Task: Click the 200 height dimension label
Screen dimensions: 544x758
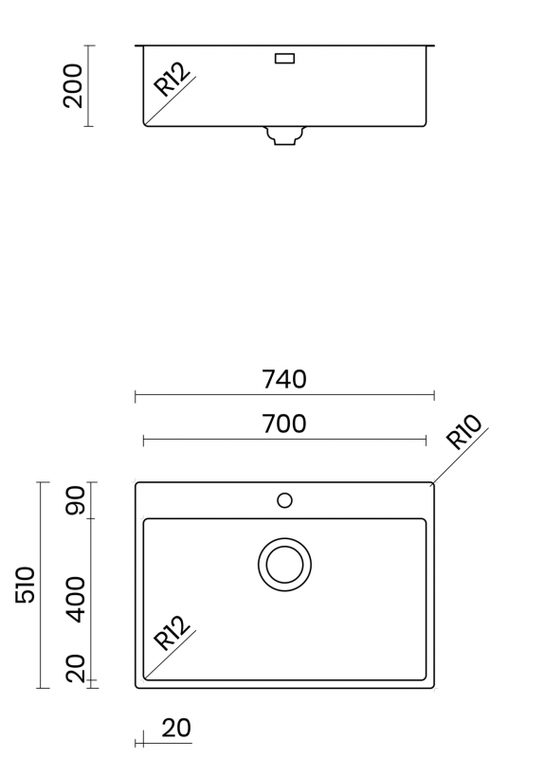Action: pyautogui.click(x=73, y=85)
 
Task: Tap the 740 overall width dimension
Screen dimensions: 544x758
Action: pyautogui.click(x=284, y=380)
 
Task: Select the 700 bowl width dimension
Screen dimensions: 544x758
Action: pyautogui.click(x=284, y=424)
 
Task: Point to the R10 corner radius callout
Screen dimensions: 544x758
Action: pyautogui.click(x=463, y=432)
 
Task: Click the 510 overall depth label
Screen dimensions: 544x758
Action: pyautogui.click(x=26, y=585)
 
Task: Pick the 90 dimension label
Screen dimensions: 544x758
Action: pyautogui.click(x=76, y=500)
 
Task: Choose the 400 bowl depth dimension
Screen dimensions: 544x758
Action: pyautogui.click(x=76, y=600)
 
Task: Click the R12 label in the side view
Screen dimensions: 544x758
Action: pyautogui.click(x=172, y=80)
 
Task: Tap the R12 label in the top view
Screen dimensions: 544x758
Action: pyautogui.click(x=172, y=633)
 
